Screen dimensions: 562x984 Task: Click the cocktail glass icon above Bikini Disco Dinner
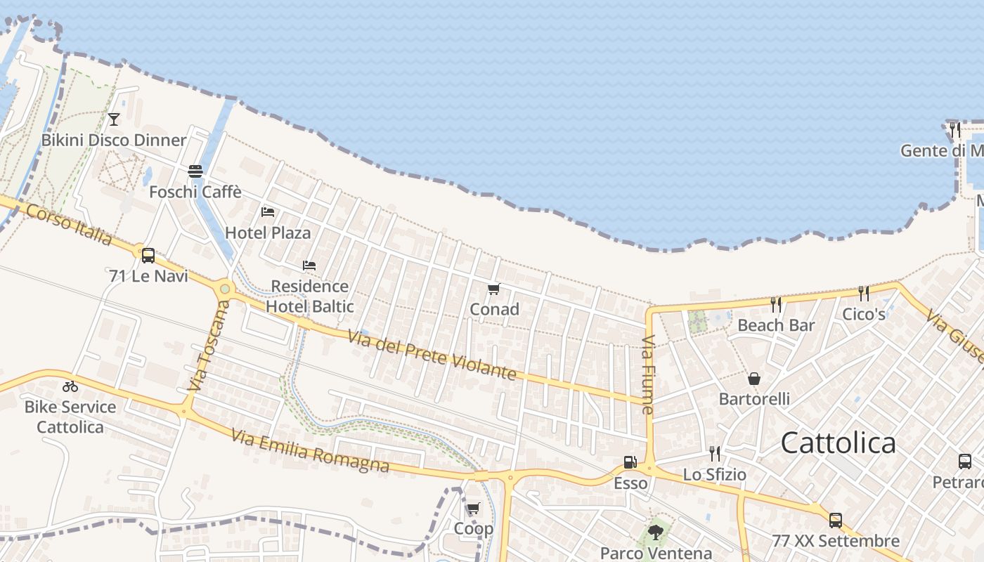[x=114, y=119]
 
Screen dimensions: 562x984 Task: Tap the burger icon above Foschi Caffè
[x=195, y=171]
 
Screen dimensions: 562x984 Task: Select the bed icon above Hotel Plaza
[x=267, y=211]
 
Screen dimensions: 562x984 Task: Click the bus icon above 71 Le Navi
[x=148, y=255]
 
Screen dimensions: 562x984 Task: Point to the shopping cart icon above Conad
[x=493, y=289]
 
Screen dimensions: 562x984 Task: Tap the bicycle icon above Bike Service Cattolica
[x=70, y=386]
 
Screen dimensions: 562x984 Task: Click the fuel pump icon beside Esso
[x=630, y=462]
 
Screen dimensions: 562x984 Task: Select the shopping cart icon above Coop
[x=473, y=508]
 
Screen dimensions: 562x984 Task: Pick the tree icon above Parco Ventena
[x=656, y=532]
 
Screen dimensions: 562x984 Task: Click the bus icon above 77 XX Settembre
[x=835, y=520]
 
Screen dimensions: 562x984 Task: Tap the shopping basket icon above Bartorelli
[x=754, y=379]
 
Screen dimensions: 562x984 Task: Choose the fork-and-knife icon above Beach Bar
[x=775, y=305]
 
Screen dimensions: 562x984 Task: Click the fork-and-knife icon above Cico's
[x=863, y=294]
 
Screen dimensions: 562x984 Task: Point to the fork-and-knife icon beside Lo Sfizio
[x=714, y=453]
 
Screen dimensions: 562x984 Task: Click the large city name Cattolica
[x=839, y=443]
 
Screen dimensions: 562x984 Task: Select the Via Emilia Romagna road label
[x=310, y=451]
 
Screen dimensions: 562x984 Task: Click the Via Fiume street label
[x=648, y=374]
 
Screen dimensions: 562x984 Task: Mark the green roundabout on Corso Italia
[x=225, y=288]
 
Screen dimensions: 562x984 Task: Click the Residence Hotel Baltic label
[x=310, y=296]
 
